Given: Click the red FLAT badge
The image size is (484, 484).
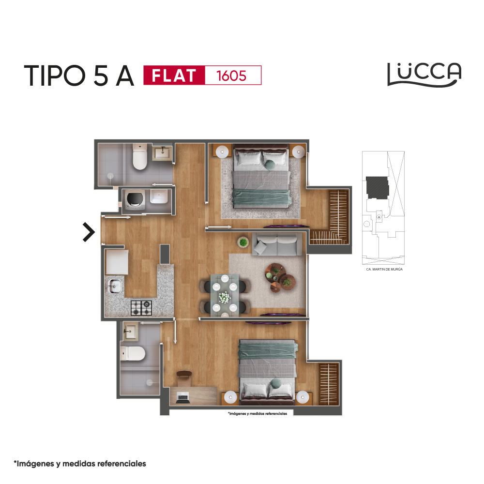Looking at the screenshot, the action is [x=174, y=75].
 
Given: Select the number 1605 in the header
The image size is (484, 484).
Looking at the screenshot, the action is [x=231, y=76].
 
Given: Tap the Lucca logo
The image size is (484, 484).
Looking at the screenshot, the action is [x=424, y=75].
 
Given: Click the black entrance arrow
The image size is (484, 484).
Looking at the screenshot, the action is [x=89, y=232].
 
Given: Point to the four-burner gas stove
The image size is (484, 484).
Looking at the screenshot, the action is [x=141, y=308].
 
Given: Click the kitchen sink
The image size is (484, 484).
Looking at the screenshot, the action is [x=114, y=286].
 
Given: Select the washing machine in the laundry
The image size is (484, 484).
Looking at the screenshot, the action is [x=135, y=200].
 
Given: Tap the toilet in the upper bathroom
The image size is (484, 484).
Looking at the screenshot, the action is [x=139, y=156].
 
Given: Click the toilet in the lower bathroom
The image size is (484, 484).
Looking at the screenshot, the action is [x=133, y=353].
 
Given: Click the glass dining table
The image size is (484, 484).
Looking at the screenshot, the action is [x=225, y=294].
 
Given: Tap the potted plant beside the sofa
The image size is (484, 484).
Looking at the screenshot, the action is [x=243, y=242].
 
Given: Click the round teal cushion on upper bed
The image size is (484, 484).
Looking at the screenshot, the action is [x=270, y=165].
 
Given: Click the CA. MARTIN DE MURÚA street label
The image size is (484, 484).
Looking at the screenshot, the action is [x=384, y=269].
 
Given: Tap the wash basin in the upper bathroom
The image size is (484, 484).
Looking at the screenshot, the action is [x=162, y=152].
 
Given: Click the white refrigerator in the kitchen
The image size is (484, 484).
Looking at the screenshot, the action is [x=117, y=262].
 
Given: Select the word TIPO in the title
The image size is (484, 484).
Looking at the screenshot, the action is [x=55, y=76].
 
